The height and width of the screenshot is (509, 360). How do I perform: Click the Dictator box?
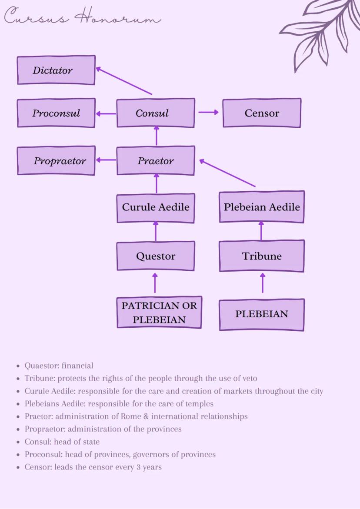(x=56, y=70)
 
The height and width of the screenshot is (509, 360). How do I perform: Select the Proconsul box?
(x=56, y=113)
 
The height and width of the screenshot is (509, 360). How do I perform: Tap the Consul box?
(x=156, y=113)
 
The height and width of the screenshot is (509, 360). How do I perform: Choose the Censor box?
(x=262, y=113)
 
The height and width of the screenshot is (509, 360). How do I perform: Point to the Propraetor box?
(x=56, y=161)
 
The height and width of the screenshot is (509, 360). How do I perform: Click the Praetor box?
(x=156, y=161)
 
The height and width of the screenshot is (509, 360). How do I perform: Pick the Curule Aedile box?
(x=156, y=207)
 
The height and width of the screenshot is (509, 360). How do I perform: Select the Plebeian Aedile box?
(x=262, y=207)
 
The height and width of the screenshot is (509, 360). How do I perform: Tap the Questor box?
(x=156, y=256)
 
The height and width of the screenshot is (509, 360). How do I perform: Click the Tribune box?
(x=262, y=256)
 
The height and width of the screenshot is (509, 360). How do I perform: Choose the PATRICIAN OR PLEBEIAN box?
(x=159, y=313)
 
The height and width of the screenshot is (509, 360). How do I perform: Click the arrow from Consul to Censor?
(x=209, y=112)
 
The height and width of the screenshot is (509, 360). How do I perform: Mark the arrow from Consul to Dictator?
(x=124, y=81)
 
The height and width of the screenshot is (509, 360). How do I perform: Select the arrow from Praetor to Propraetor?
(x=106, y=160)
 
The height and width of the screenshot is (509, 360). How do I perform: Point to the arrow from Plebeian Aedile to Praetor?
(x=227, y=173)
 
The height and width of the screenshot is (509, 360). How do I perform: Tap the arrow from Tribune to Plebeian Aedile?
(x=261, y=231)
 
